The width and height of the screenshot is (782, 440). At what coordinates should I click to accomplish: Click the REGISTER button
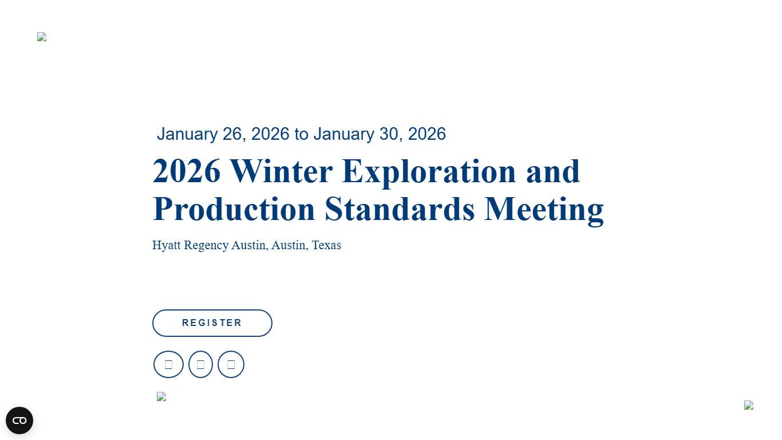point(212,323)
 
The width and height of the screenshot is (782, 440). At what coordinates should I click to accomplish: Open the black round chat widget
point(19,421)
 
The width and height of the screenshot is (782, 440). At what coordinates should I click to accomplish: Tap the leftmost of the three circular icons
point(168,364)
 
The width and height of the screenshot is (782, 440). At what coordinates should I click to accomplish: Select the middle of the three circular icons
point(200,364)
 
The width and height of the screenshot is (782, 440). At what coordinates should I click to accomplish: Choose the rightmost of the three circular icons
point(231,364)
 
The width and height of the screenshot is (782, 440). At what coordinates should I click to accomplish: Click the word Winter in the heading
point(281,171)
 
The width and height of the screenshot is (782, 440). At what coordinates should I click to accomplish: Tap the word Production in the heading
point(234,209)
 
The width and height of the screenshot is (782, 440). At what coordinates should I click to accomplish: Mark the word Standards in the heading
point(400,209)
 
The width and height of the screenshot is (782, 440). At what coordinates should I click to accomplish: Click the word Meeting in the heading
point(544,209)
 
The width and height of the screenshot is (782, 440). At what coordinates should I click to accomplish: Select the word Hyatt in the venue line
point(167,245)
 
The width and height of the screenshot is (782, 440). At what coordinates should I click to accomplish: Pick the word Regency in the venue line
point(206,245)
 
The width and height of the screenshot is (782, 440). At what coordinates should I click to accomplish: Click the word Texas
point(326,245)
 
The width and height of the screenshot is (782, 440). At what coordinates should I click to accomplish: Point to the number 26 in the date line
point(233,134)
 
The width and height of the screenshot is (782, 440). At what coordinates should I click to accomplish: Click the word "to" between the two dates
point(301,134)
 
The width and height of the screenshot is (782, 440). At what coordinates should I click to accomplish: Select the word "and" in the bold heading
point(553,171)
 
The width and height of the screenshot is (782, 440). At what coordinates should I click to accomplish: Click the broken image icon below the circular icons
point(161,396)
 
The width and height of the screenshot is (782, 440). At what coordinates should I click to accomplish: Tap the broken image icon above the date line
point(42,37)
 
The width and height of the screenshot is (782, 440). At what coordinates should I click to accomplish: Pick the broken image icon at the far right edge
point(749,405)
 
